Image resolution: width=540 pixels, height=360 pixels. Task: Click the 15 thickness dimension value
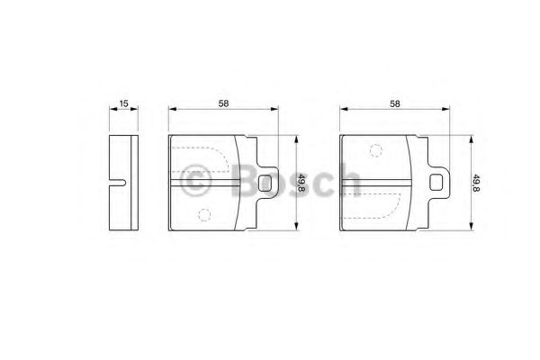coord(123,103)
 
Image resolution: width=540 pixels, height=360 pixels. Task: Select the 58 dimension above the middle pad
coord(223,103)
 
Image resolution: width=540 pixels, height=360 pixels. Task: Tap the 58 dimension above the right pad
coord(395,103)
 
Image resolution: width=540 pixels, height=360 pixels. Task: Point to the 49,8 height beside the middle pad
coord(302,184)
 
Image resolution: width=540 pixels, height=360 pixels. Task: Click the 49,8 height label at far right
coord(477,184)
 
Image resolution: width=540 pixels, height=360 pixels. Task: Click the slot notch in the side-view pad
coord(118,183)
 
